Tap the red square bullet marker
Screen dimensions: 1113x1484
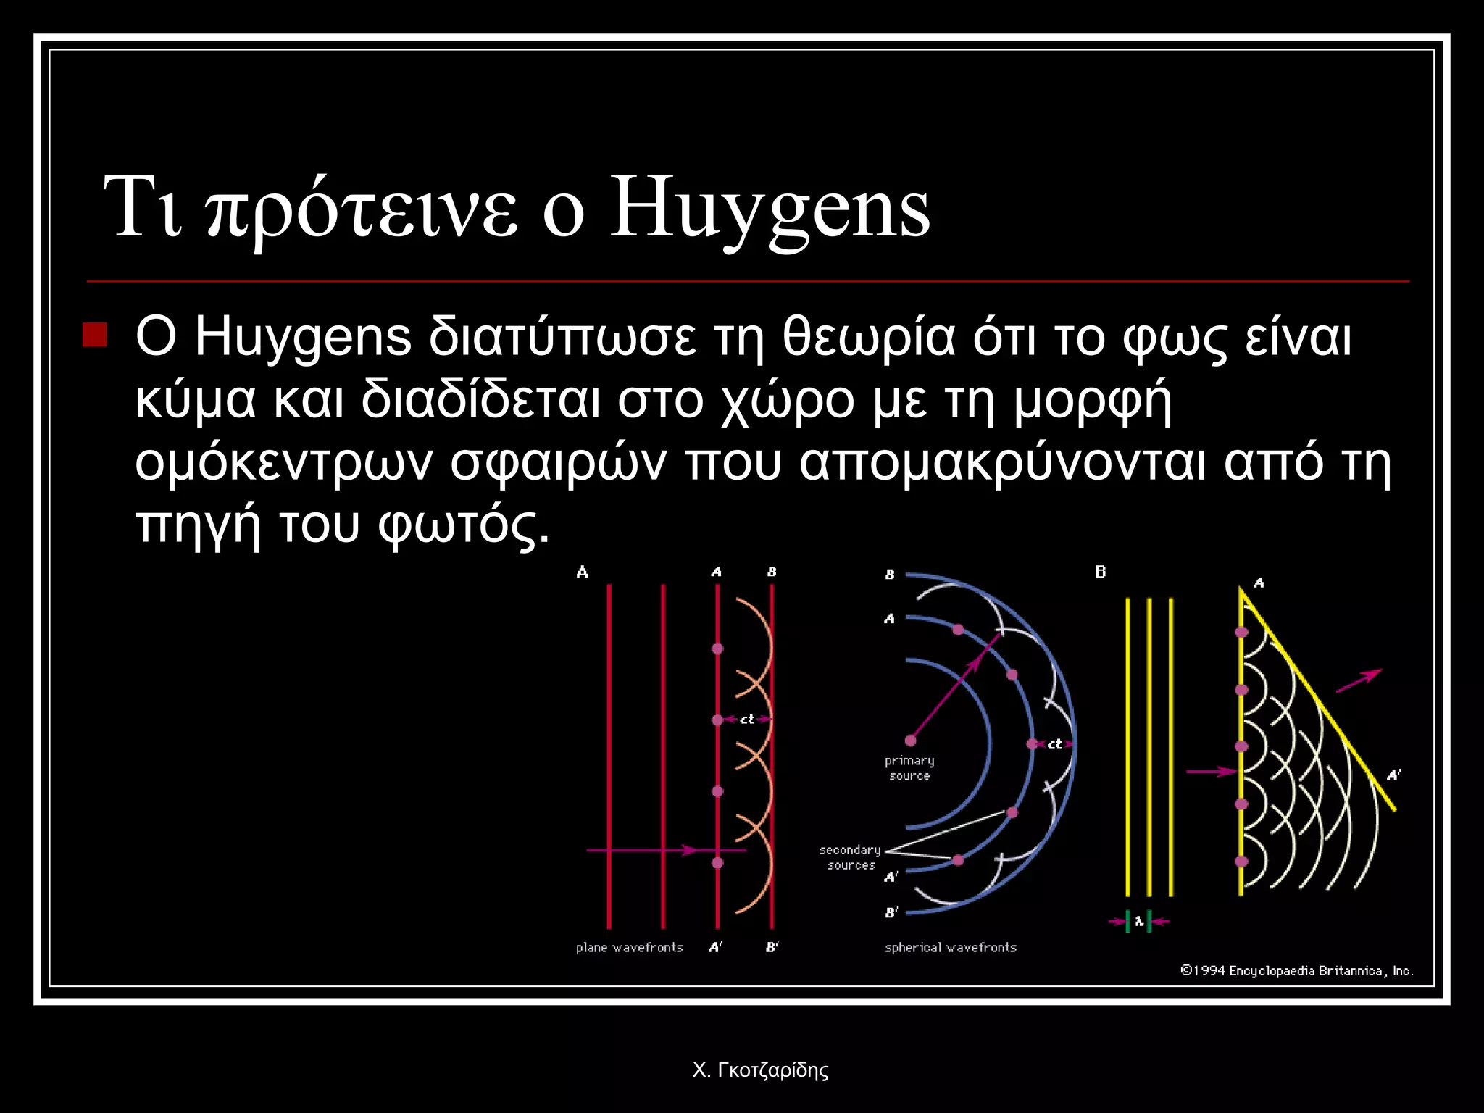[95, 335]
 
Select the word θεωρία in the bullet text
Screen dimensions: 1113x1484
[868, 338]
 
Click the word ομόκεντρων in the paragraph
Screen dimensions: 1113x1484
[283, 462]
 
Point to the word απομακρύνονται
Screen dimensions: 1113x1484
[1002, 462]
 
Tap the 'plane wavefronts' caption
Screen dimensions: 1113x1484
[629, 947]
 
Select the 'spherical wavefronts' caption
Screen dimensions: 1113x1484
[950, 947]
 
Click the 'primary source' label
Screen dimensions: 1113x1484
[909, 768]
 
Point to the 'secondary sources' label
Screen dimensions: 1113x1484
[850, 857]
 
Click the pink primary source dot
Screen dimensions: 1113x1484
[910, 741]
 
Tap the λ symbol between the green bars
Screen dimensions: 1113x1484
[1139, 922]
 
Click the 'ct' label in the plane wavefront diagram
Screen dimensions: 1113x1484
[747, 720]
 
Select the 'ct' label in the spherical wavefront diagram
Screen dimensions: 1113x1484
[1054, 744]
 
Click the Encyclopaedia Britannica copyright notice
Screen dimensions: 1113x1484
[1296, 971]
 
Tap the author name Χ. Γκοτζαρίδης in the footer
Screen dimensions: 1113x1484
[760, 1070]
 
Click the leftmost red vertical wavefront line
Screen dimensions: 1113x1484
[609, 754]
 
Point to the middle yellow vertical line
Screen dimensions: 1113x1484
[1149, 746]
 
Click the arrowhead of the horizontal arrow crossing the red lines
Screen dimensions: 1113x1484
[692, 849]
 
